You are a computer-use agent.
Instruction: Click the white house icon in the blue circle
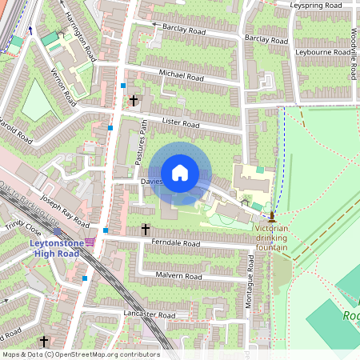[x=180, y=173]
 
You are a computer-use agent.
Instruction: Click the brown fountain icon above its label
[x=272, y=216]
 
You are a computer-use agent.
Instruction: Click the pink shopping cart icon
[x=90, y=242]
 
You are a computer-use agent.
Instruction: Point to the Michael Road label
[x=182, y=76]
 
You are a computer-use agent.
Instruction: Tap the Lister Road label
[x=180, y=124]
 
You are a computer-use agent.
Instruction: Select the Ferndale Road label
[x=174, y=242]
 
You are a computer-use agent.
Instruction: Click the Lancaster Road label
[x=150, y=315]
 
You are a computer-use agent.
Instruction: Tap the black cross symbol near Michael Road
[x=134, y=102]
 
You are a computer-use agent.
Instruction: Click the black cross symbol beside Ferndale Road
[x=146, y=230]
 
